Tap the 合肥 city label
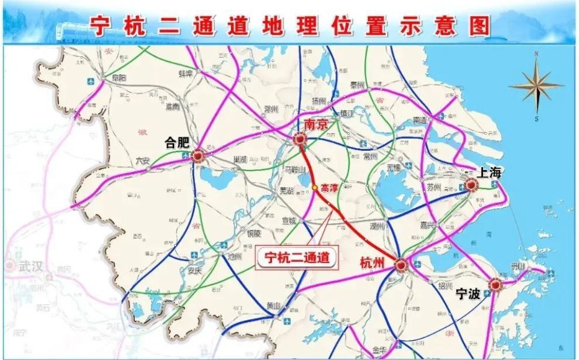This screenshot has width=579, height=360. pyautogui.click(x=177, y=144)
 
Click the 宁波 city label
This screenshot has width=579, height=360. pyautogui.click(x=468, y=294)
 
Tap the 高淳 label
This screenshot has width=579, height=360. pyautogui.click(x=329, y=188)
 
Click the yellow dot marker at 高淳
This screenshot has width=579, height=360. pyautogui.click(x=315, y=188)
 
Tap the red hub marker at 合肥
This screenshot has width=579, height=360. pyautogui.click(x=198, y=157)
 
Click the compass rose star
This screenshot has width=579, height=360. pyautogui.click(x=536, y=86)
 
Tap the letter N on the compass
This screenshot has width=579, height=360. pyautogui.click(x=536, y=54)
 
